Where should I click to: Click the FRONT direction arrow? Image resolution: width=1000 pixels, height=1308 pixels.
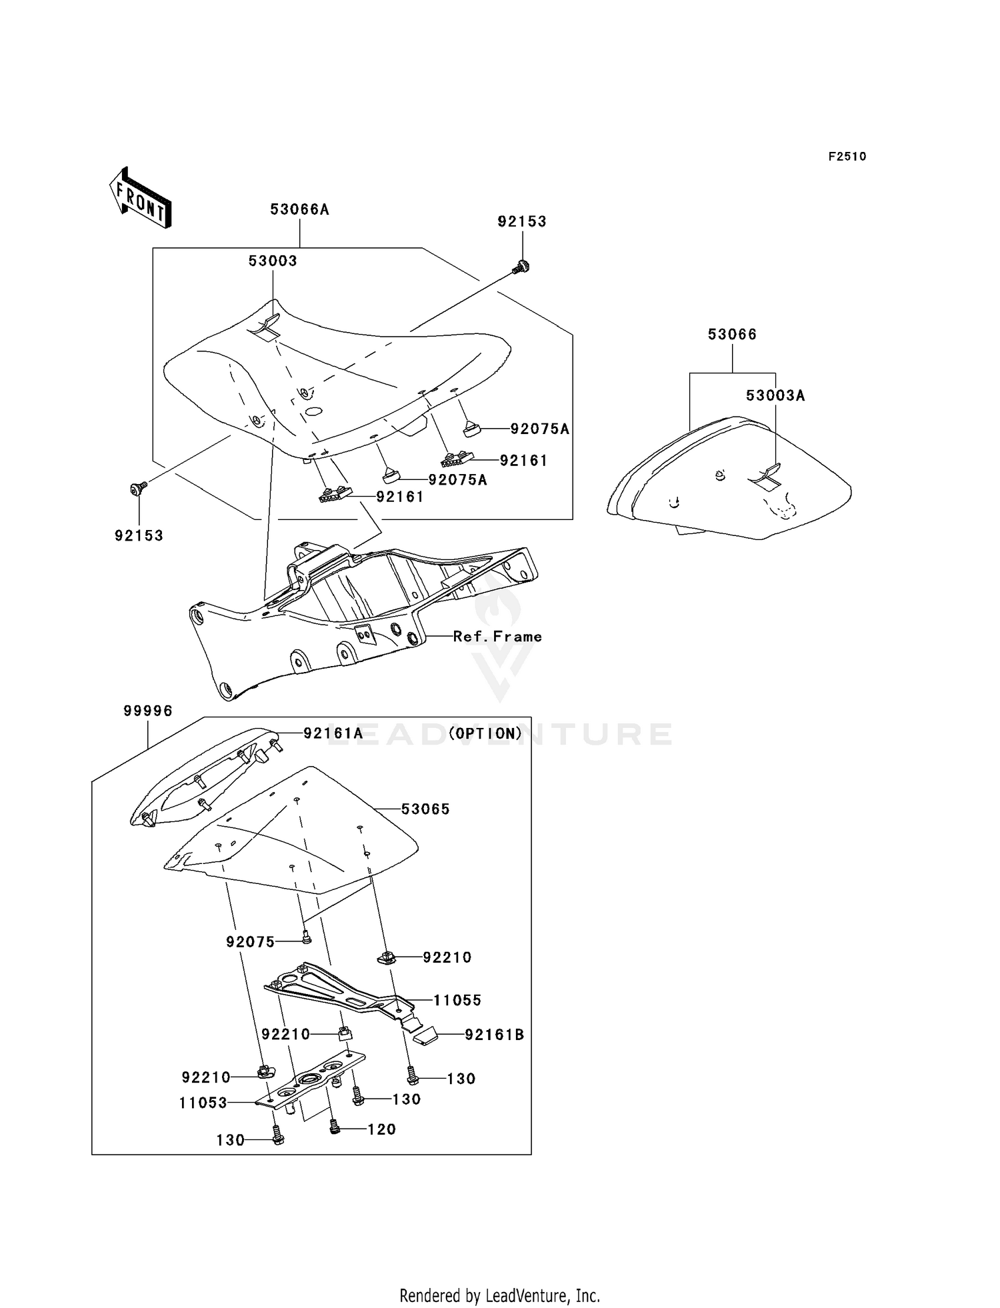click(141, 199)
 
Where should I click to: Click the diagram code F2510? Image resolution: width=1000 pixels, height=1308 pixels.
click(847, 157)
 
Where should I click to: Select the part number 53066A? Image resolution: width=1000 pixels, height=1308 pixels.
click(299, 209)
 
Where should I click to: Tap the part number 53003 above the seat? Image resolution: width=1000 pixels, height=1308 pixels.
click(273, 261)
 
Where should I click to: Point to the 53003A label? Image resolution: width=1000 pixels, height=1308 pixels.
click(775, 395)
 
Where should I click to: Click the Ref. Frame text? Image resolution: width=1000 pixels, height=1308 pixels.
click(497, 637)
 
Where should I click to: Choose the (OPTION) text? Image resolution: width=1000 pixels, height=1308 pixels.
click(485, 733)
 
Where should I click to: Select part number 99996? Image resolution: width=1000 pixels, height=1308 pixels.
click(147, 711)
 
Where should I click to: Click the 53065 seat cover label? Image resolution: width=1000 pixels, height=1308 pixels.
click(425, 809)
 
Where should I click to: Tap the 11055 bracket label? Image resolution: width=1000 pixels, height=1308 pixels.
click(457, 1000)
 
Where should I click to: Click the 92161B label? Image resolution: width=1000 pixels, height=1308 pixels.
click(494, 1035)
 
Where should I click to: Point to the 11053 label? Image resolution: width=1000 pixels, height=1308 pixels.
click(203, 1103)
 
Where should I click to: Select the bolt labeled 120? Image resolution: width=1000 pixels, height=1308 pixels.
click(335, 1126)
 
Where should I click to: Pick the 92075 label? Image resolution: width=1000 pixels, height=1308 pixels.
click(250, 941)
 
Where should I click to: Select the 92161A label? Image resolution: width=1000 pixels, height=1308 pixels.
click(333, 733)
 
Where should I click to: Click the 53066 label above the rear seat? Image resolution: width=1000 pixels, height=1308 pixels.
click(732, 334)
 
